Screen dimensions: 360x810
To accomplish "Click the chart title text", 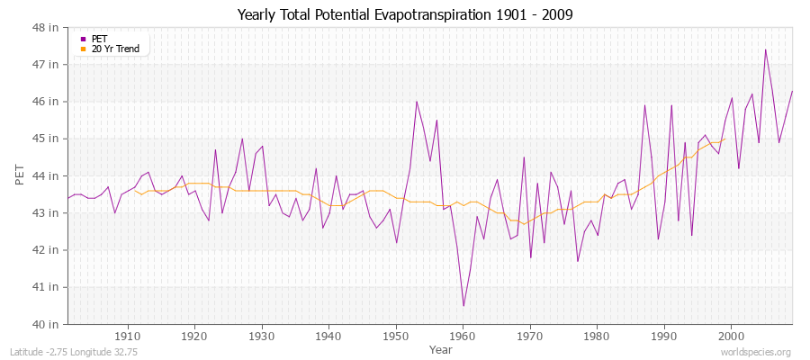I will click(405, 14).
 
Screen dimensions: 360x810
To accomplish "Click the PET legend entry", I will click(99, 39).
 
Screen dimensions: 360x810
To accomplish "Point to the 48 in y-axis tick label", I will click(47, 28).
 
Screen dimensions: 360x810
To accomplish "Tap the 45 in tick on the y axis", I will click(47, 139).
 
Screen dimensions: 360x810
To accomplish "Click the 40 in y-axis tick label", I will click(47, 324).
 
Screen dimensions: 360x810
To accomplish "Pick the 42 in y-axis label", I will click(47, 250).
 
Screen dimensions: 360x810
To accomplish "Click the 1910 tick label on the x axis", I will click(128, 336).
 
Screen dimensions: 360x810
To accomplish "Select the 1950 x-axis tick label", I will click(396, 336).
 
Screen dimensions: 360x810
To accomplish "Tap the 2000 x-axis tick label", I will click(732, 336).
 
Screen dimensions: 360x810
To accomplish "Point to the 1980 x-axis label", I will click(598, 336).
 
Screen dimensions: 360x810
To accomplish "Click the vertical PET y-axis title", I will click(21, 175).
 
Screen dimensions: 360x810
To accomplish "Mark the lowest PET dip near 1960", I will click(463, 305).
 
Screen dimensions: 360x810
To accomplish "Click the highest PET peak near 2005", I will click(765, 49).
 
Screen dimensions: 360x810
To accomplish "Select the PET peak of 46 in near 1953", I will click(417, 102).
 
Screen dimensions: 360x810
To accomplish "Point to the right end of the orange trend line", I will click(724, 139).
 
